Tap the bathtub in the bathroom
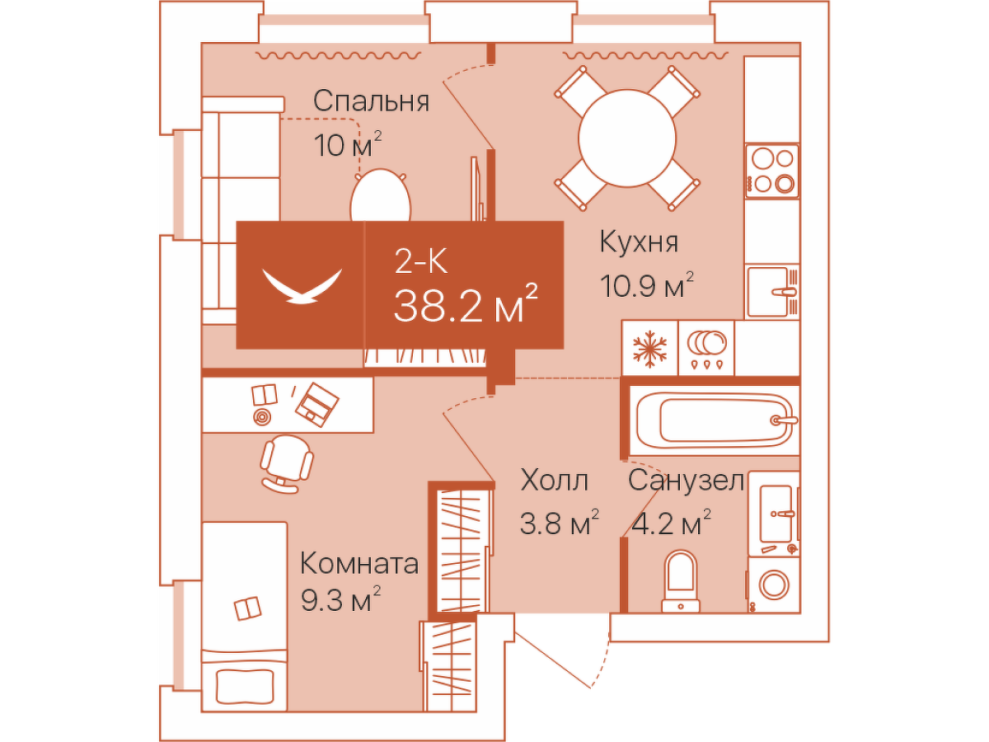(x=713, y=420)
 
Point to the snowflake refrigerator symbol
(x=649, y=347)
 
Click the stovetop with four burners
(x=772, y=171)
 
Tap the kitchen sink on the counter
(x=772, y=291)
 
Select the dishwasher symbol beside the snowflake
(x=706, y=347)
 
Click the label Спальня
(x=371, y=101)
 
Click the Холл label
(x=555, y=480)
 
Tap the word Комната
(x=359, y=565)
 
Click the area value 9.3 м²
(x=340, y=603)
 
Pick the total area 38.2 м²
(x=466, y=305)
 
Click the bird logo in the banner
(x=301, y=285)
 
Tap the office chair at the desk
(x=287, y=461)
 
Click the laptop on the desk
(x=316, y=404)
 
